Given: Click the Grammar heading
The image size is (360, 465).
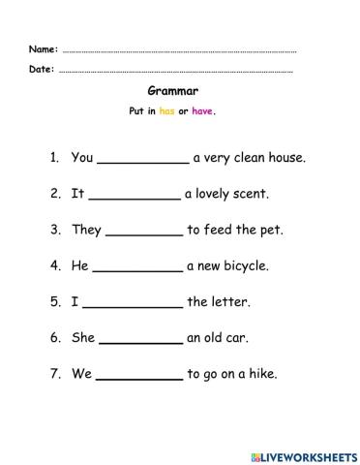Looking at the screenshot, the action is click(179, 91).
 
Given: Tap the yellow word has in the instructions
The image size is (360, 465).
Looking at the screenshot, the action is click(167, 110).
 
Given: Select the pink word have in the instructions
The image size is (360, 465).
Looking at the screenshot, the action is click(202, 110).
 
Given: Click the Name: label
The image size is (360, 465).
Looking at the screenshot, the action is click(44, 48).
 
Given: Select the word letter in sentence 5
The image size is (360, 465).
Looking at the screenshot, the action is click(231, 301).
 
